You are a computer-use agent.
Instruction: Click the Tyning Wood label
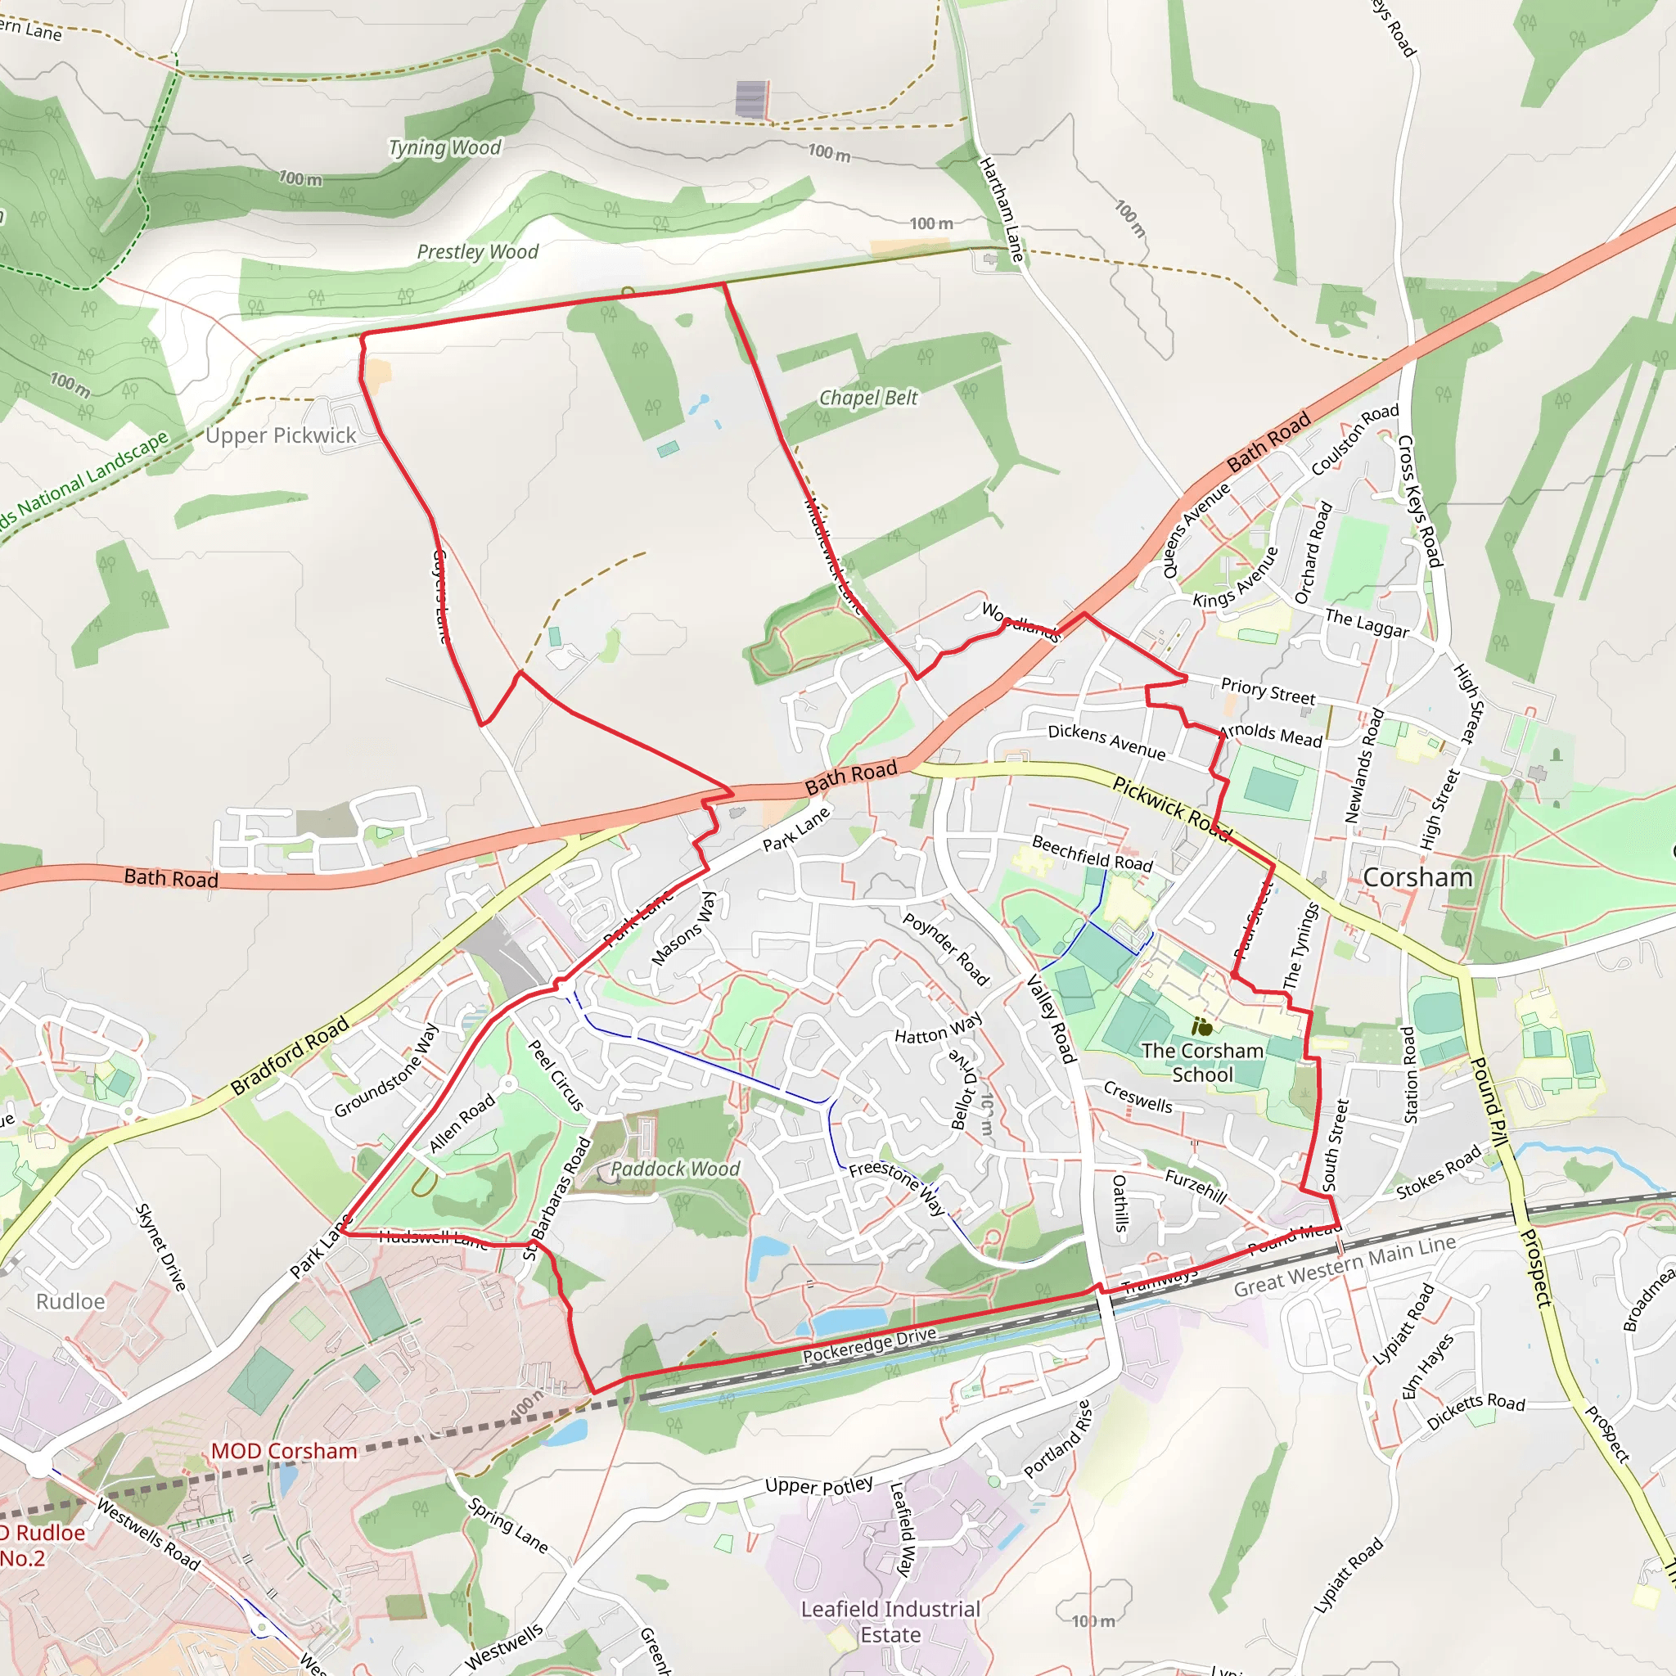[444, 148]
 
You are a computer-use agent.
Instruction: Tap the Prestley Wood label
[477, 252]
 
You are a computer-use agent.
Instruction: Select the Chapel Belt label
[868, 399]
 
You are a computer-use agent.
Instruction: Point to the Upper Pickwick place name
[281, 435]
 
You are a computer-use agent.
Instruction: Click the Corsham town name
[1417, 878]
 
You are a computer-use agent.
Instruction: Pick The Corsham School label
[1201, 1063]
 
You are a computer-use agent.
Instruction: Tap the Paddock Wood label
[675, 1169]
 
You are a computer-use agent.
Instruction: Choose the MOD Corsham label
[284, 1451]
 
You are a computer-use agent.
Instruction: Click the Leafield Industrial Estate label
[890, 1621]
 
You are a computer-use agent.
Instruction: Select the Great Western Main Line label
[1345, 1268]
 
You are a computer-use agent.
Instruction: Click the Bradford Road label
[290, 1055]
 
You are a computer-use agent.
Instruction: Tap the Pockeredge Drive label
[869, 1344]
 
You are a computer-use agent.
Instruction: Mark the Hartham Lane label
[1002, 209]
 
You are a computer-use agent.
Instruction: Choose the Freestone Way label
[897, 1187]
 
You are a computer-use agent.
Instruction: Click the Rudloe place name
[70, 1301]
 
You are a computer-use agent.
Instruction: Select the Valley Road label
[1052, 1018]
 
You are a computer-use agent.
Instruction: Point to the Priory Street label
[1268, 691]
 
